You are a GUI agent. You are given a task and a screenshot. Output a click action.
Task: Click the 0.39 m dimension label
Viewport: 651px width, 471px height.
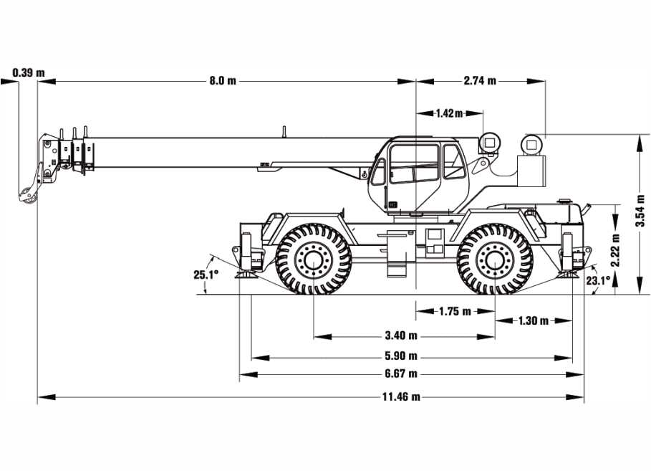[x=29, y=72]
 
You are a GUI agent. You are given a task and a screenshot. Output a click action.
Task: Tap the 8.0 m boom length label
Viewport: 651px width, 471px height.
[x=222, y=81]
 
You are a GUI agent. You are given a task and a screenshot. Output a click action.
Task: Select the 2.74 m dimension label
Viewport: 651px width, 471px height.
[x=480, y=81]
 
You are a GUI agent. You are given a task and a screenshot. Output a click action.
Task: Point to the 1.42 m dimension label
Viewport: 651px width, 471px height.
[x=448, y=113]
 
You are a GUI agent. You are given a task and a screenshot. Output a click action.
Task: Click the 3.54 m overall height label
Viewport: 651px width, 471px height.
[x=641, y=211]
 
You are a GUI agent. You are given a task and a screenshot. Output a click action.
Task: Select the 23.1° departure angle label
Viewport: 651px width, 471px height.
[x=597, y=281]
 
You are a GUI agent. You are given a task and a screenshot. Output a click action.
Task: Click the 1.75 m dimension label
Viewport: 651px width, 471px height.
[x=455, y=311]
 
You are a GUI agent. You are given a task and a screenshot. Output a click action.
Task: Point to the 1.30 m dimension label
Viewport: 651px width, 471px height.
[x=533, y=320]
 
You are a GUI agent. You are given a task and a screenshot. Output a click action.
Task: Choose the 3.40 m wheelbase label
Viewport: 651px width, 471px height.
[x=401, y=336]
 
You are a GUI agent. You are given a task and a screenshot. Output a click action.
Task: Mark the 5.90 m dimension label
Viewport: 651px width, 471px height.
[x=401, y=356]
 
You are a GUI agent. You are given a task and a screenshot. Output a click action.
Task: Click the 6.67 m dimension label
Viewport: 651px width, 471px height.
[x=401, y=374]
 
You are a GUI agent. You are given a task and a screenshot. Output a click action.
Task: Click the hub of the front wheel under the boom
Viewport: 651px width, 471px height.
[x=313, y=259]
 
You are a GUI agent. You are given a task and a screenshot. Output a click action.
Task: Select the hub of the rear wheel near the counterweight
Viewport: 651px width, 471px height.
[x=494, y=259]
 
